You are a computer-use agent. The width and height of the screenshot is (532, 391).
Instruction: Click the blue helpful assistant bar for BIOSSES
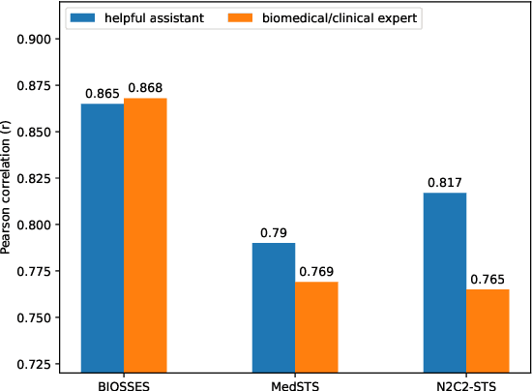(103, 237)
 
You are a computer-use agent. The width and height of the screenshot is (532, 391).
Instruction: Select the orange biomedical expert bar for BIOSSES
(145, 235)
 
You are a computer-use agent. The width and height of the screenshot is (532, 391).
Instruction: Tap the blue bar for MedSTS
(274, 307)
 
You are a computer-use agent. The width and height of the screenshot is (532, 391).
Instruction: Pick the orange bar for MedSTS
(316, 326)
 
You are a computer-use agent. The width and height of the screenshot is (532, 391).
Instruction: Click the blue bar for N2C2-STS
(445, 282)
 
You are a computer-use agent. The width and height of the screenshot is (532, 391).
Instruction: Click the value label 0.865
(102, 94)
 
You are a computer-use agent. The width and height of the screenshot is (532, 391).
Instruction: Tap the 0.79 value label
(274, 233)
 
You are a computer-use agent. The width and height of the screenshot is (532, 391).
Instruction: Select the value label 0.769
(317, 272)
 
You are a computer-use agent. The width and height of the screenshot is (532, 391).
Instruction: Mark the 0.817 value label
(445, 183)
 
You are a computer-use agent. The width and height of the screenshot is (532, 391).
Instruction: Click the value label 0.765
(488, 280)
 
